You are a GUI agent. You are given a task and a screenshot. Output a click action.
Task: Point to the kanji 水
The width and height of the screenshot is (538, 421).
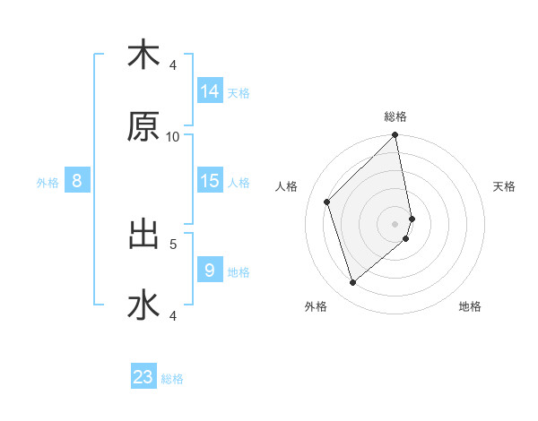coord(143,305)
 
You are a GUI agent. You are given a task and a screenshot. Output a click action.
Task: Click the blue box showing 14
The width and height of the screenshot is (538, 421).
coord(210,90)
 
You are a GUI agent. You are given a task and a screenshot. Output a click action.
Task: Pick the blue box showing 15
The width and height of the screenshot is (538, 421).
coord(210,181)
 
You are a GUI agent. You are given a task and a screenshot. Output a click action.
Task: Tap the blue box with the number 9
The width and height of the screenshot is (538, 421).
coord(210,270)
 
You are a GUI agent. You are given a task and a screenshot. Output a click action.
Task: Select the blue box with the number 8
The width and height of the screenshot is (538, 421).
coord(77,181)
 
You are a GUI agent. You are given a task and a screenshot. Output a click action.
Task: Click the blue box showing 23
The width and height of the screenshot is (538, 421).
coord(143,377)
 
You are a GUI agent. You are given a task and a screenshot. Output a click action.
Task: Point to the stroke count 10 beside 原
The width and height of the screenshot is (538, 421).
coord(173,137)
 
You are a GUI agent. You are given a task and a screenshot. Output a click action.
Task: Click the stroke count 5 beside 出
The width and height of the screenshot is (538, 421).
coord(173,243)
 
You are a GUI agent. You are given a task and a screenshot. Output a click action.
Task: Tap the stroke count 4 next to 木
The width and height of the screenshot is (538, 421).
coord(173,64)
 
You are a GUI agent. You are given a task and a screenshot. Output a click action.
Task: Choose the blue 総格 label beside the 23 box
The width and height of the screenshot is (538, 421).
coord(172,379)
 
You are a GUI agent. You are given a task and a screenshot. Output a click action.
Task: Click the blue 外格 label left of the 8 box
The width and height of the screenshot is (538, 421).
coord(48,183)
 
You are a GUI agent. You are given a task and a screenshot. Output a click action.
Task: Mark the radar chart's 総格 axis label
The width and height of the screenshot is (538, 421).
coord(395,116)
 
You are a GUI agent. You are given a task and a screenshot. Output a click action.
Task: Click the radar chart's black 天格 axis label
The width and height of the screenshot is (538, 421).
coord(505,186)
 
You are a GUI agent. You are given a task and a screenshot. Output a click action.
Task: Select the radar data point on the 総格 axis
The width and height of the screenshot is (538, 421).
coord(395,136)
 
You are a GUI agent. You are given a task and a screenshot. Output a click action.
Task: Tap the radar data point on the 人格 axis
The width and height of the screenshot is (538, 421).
coord(327,202)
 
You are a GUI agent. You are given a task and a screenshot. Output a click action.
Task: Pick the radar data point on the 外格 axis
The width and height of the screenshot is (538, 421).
coord(352,283)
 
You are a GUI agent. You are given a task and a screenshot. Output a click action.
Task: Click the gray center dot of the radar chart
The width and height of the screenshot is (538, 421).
coord(395,223)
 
